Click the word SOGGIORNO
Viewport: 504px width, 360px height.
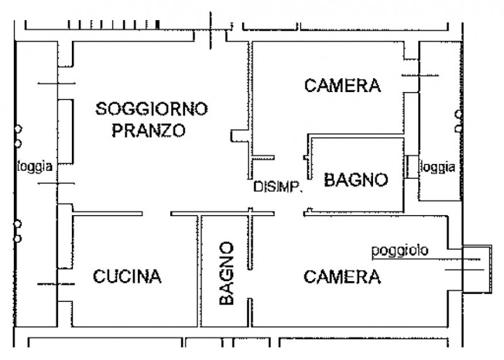click(151, 110)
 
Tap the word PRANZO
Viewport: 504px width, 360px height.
click(148, 131)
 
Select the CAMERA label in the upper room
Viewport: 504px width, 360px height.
click(343, 86)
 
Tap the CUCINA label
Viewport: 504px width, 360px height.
click(128, 276)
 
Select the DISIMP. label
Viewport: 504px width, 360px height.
click(278, 187)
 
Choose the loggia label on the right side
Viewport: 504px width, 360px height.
click(438, 168)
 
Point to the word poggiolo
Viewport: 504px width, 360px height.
click(399, 251)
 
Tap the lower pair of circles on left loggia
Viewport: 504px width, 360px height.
click(18, 231)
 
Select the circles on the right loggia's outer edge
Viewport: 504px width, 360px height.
click(458, 121)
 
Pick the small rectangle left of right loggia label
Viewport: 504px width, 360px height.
click(412, 167)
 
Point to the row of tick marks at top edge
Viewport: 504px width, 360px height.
click(113, 25)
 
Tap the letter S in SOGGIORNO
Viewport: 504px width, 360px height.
click(101, 110)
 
